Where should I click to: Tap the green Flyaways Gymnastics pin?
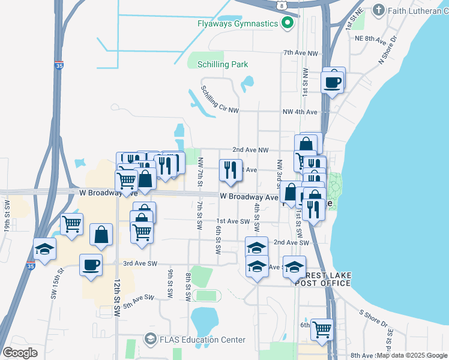coord(288,23)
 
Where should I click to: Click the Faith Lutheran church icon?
coord(378,10)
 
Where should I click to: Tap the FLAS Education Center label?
coord(202,340)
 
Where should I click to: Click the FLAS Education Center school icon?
coord(149,340)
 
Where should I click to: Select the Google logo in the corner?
coord(20,353)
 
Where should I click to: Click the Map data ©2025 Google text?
coord(412,355)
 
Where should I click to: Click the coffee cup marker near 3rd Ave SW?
coord(91,265)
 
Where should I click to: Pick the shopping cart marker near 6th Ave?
coord(322,329)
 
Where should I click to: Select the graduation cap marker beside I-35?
coord(45,248)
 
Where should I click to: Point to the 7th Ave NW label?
coord(300,53)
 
